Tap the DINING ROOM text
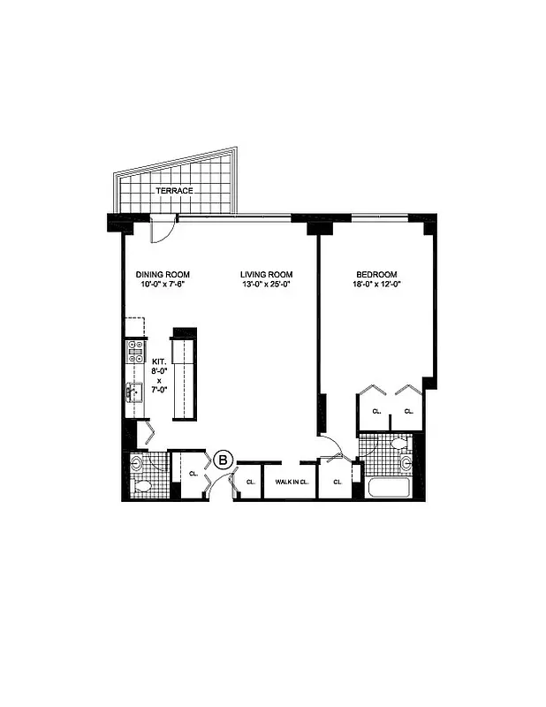click(x=163, y=274)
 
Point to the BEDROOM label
click(x=378, y=274)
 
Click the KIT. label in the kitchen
click(x=160, y=362)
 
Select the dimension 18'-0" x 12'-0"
click(x=378, y=285)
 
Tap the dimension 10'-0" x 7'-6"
click(x=163, y=285)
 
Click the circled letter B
click(x=224, y=460)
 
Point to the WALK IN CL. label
click(x=290, y=483)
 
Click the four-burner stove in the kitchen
click(x=136, y=352)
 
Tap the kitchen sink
click(x=135, y=393)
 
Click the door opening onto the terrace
click(x=161, y=229)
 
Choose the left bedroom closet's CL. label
click(x=375, y=412)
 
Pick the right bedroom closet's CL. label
click(x=408, y=412)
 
